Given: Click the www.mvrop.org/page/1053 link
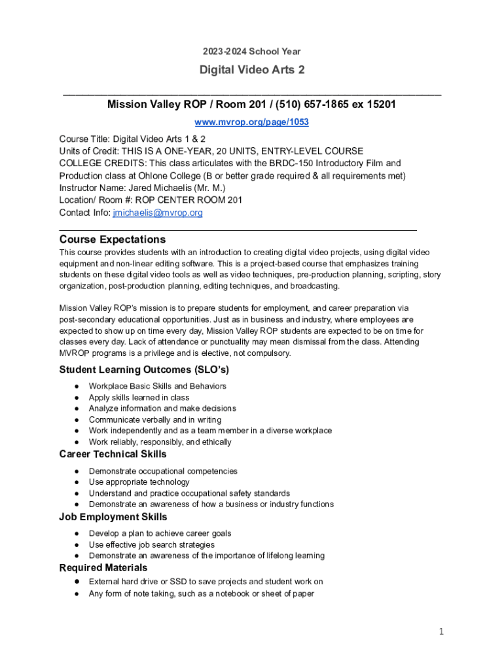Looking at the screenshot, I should pos(252,122).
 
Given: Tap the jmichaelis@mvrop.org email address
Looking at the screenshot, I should pos(158,213).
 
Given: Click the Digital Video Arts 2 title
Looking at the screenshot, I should pos(252,69).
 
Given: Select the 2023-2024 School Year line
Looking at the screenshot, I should pos(252,51).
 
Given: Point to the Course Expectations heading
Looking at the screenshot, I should pos(112,239).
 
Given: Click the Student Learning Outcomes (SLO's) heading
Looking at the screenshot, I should pos(144,370).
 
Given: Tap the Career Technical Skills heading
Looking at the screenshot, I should pos(113,454).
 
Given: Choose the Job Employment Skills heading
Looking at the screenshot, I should pos(113,517).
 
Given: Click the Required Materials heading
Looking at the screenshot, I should pos(103,567).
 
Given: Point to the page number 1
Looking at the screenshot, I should pos(442,631).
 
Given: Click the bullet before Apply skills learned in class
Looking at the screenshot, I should pos(77,398).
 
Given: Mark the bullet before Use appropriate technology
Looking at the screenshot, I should pos(77,482).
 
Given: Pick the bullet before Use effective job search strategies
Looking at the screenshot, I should pos(77,545).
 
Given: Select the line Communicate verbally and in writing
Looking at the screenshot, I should pos(155,419).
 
